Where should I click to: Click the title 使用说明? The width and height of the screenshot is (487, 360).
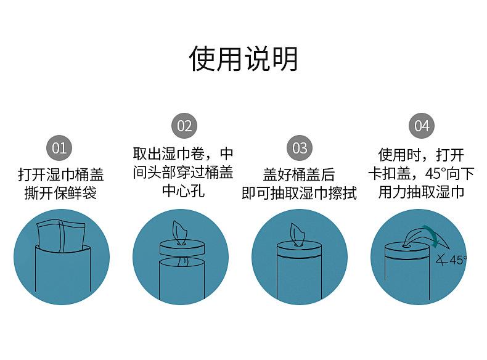coord(243,59)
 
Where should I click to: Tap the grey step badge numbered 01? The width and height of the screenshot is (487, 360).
coord(59,148)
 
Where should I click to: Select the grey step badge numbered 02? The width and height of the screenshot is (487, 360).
coord(184,126)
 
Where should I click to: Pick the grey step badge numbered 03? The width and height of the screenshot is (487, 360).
coord(300,148)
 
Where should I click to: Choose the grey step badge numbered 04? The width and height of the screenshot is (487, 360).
coord(421,126)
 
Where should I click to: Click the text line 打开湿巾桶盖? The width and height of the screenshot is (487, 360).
coord(60,174)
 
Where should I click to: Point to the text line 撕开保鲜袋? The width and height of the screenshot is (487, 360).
coord(60,193)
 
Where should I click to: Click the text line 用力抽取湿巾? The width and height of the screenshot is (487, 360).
coord(421,192)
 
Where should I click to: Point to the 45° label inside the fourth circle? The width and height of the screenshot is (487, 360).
coord(457,260)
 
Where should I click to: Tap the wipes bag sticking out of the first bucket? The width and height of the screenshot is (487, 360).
coord(62,234)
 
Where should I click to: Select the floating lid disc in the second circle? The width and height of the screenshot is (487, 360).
coord(183,248)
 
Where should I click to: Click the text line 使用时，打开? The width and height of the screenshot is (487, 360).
coord(421,154)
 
